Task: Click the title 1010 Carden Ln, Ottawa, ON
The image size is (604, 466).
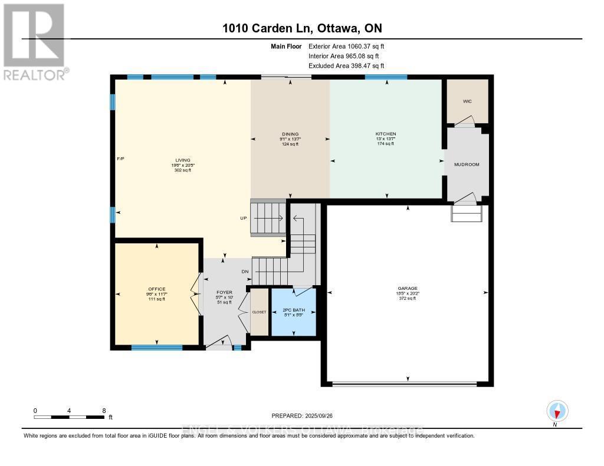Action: pos(302,29)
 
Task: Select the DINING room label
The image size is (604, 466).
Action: pos(290,134)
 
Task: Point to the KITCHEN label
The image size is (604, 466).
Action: pos(386,134)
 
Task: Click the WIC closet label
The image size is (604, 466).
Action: pos(467,101)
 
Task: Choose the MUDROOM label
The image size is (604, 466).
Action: pos(467,164)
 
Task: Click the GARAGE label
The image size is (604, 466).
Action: pos(406,289)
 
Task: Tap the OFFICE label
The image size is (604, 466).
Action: pos(157,289)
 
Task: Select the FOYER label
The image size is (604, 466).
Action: pos(224,292)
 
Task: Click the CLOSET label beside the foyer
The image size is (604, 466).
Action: pos(259,312)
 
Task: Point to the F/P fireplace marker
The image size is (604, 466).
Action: pos(120,159)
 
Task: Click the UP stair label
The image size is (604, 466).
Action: pos(243,218)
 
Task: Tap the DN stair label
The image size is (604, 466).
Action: pos(245,271)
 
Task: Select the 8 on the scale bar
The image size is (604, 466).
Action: pos(104,411)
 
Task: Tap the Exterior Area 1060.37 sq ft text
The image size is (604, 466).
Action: pos(346,46)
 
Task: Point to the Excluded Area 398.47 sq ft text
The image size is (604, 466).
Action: pos(346,66)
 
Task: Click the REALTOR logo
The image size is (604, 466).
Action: pos(34,41)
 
